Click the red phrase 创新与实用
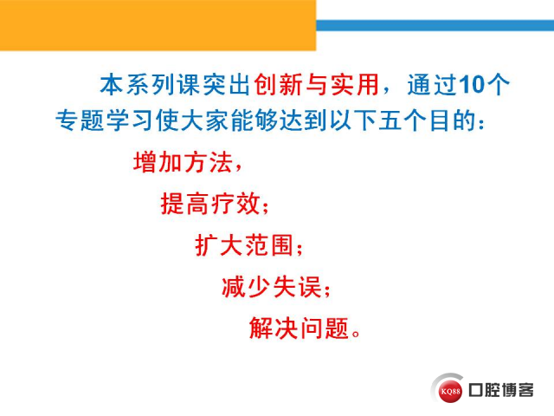click(x=317, y=85)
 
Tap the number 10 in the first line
click(x=471, y=85)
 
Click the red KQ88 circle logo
click(x=450, y=391)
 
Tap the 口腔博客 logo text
click(x=501, y=390)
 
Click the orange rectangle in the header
click(x=158, y=25)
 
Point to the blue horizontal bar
click(x=435, y=25)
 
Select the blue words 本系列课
click(x=151, y=85)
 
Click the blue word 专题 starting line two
click(x=80, y=120)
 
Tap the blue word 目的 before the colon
click(x=453, y=120)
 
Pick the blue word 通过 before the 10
click(x=433, y=85)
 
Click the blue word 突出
click(x=227, y=85)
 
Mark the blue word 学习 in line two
click(x=130, y=120)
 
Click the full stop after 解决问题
click(x=356, y=334)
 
